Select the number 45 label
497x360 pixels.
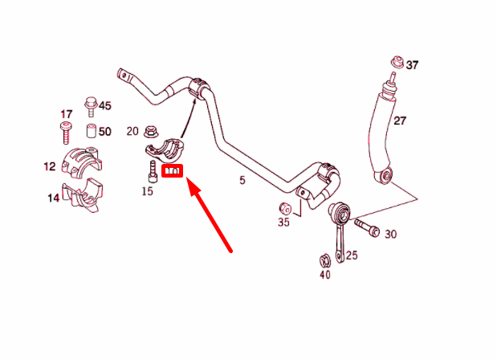pos(105,106)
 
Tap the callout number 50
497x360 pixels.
pos(105,131)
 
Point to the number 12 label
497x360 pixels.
pos(50,166)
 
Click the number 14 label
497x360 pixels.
pos(52,198)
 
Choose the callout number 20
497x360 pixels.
pos(132,130)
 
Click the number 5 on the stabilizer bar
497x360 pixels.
pos(242,181)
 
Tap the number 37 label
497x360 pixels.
pos(412,64)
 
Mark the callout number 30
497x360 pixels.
pos(391,234)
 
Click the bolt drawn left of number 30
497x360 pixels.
pos(365,229)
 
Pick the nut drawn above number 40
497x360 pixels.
pos(324,260)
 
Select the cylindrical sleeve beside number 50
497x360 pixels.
pos(91,132)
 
